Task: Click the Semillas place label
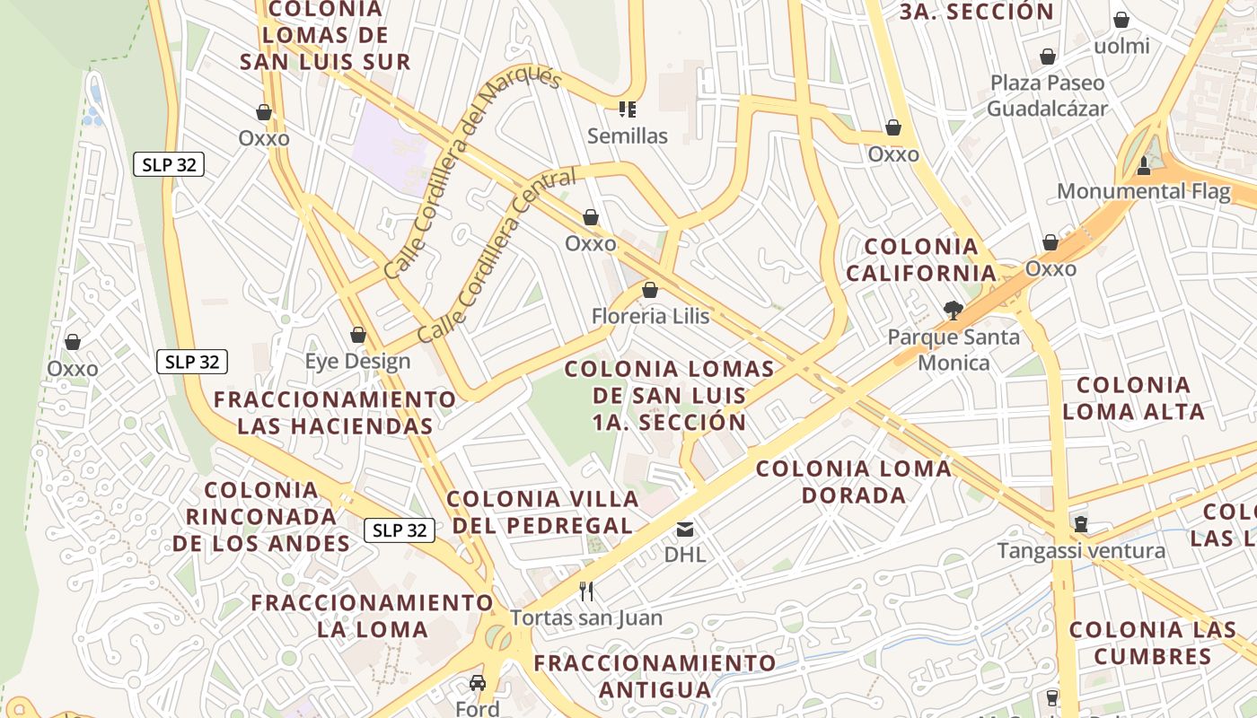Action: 628,136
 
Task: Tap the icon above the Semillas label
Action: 628,109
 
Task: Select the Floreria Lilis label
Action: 650,316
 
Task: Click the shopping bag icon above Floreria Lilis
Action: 650,290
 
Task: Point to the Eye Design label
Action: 357,361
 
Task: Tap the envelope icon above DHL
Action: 685,529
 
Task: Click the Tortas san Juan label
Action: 586,617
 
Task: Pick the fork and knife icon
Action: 586,591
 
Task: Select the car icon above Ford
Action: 478,683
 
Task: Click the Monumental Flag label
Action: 1143,191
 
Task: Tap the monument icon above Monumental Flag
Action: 1143,165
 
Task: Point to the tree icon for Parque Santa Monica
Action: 954,311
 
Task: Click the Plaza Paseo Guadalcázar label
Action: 1047,95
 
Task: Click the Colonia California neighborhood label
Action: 921,259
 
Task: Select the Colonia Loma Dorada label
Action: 853,481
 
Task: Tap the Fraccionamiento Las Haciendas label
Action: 335,412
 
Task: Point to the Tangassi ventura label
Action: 1081,550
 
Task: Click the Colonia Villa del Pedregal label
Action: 543,512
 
